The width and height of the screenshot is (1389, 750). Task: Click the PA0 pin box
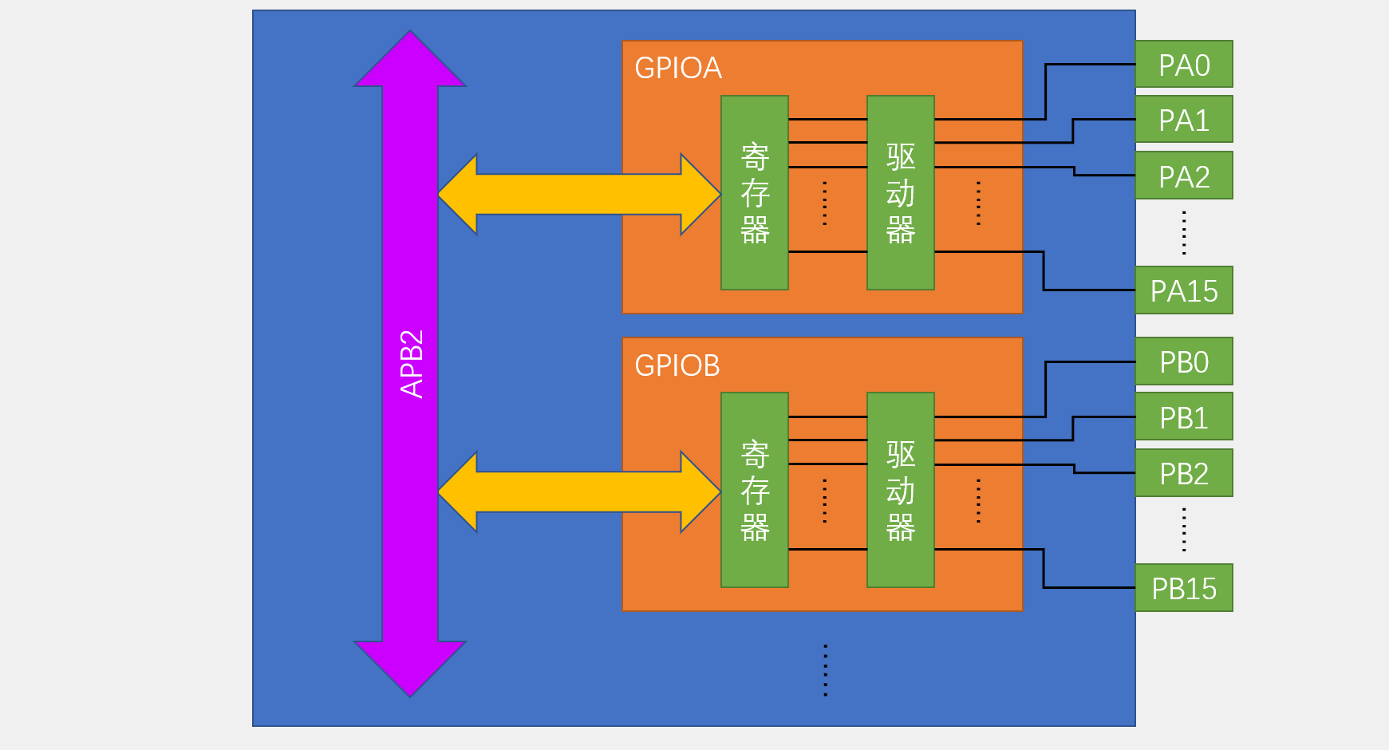[x=1184, y=65]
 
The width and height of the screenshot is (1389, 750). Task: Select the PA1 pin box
[x=1184, y=120]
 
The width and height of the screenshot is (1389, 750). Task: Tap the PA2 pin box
[x=1184, y=176]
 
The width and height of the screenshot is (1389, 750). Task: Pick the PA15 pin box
[x=1184, y=290]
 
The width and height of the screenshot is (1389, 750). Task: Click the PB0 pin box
[x=1184, y=361]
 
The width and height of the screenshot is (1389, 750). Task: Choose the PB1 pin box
[x=1184, y=416]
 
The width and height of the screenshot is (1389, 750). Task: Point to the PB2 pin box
[x=1184, y=473]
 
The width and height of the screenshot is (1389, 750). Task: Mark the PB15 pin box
[x=1184, y=588]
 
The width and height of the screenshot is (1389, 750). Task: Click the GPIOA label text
[x=678, y=69]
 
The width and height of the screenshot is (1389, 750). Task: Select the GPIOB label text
[x=677, y=365]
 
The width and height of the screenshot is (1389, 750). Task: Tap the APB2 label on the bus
[x=412, y=364]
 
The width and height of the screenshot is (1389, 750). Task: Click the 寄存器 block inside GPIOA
[x=755, y=193]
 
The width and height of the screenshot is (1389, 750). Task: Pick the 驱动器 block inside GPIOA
[x=901, y=193]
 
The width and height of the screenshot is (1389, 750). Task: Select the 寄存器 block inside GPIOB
[x=755, y=490]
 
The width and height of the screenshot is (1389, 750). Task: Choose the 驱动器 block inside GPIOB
[x=901, y=490]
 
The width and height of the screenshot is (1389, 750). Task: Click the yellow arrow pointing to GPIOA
[x=579, y=195]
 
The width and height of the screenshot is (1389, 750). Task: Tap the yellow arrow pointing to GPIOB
[x=579, y=491]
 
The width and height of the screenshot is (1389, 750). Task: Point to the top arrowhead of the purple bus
[x=410, y=61]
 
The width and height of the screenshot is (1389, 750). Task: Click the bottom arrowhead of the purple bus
[x=410, y=667]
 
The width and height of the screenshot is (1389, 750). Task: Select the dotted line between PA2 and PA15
[x=1184, y=233]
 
